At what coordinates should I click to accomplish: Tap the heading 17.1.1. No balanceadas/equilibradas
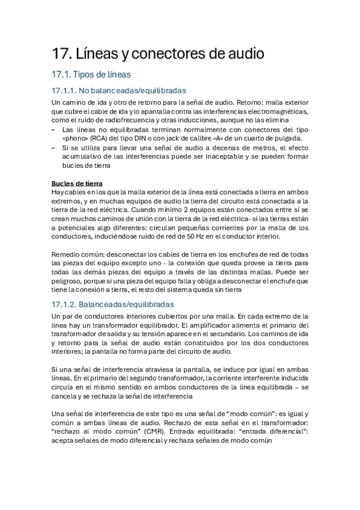pos(119,91)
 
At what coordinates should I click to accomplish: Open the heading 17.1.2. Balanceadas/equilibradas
pos(113,304)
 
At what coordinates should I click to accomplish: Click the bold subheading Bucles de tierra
pos(77,183)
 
